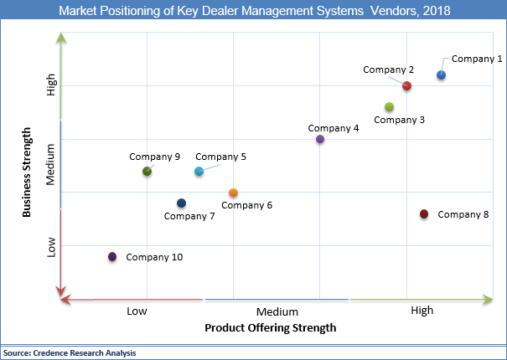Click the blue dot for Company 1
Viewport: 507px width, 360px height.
tap(441, 75)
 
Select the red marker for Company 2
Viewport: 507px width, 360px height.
tap(406, 85)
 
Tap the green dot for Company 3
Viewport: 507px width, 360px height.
tap(389, 106)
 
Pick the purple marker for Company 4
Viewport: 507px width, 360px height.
tap(320, 139)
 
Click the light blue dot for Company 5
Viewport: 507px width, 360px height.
tap(199, 171)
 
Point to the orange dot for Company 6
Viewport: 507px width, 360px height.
tap(233, 193)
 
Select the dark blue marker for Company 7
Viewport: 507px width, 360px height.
tap(181, 203)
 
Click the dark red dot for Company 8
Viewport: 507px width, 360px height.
tap(424, 214)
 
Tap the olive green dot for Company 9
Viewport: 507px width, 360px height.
tap(147, 171)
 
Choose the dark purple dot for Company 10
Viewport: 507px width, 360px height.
tap(112, 257)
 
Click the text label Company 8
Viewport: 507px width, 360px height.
tap(463, 214)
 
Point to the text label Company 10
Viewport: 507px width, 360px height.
tap(154, 257)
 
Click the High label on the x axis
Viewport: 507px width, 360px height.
tap(422, 311)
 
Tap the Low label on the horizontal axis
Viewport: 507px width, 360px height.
tap(137, 311)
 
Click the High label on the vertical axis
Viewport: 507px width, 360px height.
tap(51, 85)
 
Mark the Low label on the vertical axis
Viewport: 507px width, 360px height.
tap(51, 247)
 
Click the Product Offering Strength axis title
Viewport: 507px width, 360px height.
tap(271, 328)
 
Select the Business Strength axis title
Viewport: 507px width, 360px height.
tap(27, 172)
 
